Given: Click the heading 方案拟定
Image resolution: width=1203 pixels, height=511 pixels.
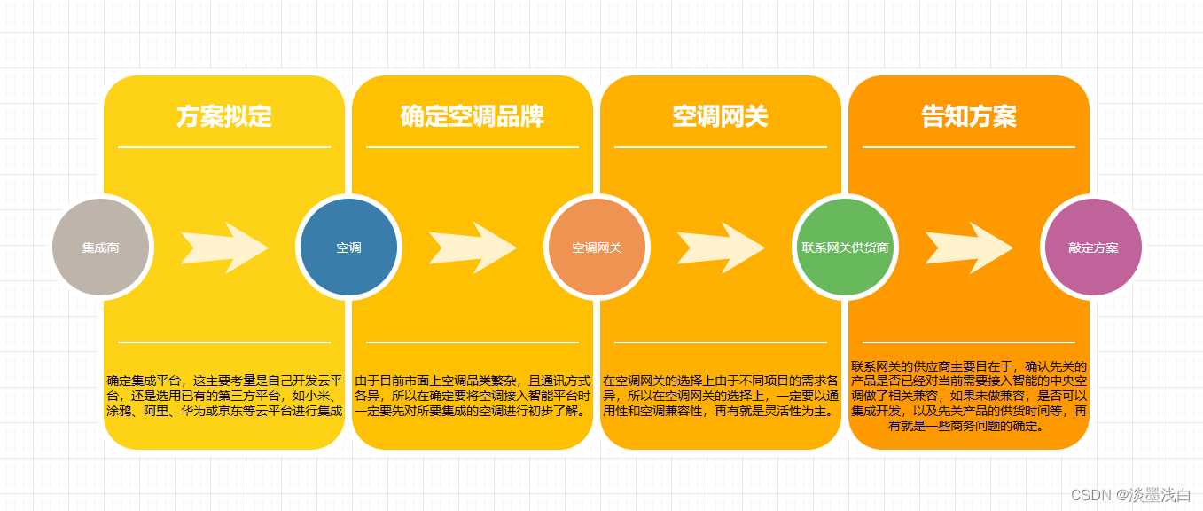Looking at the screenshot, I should point(224,116).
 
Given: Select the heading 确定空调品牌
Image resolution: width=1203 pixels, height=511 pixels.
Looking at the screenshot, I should point(473,116).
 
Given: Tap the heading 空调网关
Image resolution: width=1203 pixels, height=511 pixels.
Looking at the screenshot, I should point(720,116).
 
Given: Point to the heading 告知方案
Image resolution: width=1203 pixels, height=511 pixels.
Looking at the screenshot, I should point(969,116).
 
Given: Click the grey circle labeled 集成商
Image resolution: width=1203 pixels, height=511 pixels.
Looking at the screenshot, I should point(101,248).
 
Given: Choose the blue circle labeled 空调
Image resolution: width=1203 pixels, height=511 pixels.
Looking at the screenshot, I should point(348,248).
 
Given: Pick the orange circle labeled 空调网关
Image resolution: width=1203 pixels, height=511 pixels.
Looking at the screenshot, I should point(597,248).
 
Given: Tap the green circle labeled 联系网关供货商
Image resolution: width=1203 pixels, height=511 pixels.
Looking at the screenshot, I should point(845,248).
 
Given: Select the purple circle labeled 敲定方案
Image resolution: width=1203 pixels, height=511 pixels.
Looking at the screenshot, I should point(1093,248).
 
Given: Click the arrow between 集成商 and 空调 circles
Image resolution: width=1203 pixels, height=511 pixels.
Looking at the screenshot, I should point(223,248).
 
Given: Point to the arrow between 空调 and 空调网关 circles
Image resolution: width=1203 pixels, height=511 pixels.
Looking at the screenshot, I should point(472,248).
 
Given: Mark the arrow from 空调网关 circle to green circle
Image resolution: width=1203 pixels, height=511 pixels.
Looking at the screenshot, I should point(720,248).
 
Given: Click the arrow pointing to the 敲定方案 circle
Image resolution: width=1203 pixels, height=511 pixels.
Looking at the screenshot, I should point(968,248).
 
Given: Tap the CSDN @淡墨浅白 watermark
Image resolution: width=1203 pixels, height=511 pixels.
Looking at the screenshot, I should point(1130,494).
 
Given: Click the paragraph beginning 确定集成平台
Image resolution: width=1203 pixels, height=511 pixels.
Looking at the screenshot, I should point(224,396).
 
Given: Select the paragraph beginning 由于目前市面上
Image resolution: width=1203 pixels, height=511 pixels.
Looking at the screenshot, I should point(473,396).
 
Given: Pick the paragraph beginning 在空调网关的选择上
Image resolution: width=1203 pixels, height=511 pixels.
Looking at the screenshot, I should point(721,396).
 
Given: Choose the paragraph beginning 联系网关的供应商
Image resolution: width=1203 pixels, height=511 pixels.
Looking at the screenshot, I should point(969,396).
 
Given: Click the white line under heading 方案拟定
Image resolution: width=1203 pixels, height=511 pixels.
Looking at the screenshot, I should point(224,146).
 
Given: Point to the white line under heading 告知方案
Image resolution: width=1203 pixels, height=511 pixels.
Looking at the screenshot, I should point(969,146).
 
